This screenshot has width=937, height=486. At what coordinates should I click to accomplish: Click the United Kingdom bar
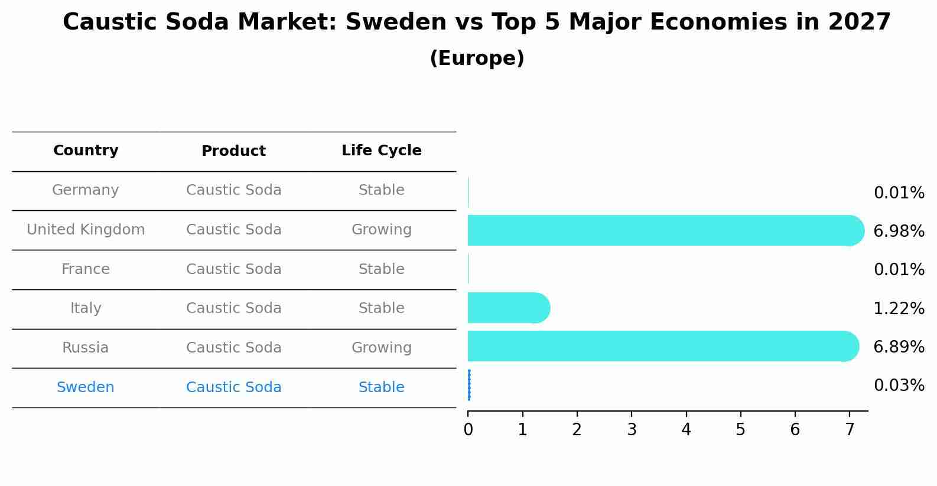coord(662,230)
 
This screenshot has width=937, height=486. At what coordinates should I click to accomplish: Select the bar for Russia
coord(659,346)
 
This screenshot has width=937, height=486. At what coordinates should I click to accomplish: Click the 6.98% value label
coord(899,231)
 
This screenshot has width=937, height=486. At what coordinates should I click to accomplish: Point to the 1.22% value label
coord(899,309)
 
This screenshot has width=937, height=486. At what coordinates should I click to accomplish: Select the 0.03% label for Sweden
coord(899,386)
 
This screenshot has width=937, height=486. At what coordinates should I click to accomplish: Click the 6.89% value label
coord(899,347)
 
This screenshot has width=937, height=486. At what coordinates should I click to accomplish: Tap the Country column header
coord(86,151)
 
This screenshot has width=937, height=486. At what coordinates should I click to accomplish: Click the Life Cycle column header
coord(381,151)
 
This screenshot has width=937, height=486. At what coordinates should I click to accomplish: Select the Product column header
coord(233,151)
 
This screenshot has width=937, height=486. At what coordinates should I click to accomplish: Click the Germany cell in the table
coord(86,190)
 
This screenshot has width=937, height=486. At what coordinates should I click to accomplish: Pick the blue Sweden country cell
coord(86,387)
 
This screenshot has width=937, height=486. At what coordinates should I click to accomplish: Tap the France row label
coord(86,269)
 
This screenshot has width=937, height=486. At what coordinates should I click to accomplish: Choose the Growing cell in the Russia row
coord(381,348)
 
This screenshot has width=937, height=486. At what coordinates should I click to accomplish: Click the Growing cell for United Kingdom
coord(381,230)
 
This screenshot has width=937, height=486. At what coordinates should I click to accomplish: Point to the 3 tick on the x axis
coord(632,430)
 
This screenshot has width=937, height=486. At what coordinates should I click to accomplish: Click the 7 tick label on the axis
coord(850,430)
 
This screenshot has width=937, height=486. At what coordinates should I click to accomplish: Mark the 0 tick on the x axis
coord(468,430)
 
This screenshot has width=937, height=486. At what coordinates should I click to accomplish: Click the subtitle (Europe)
coord(477,58)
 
